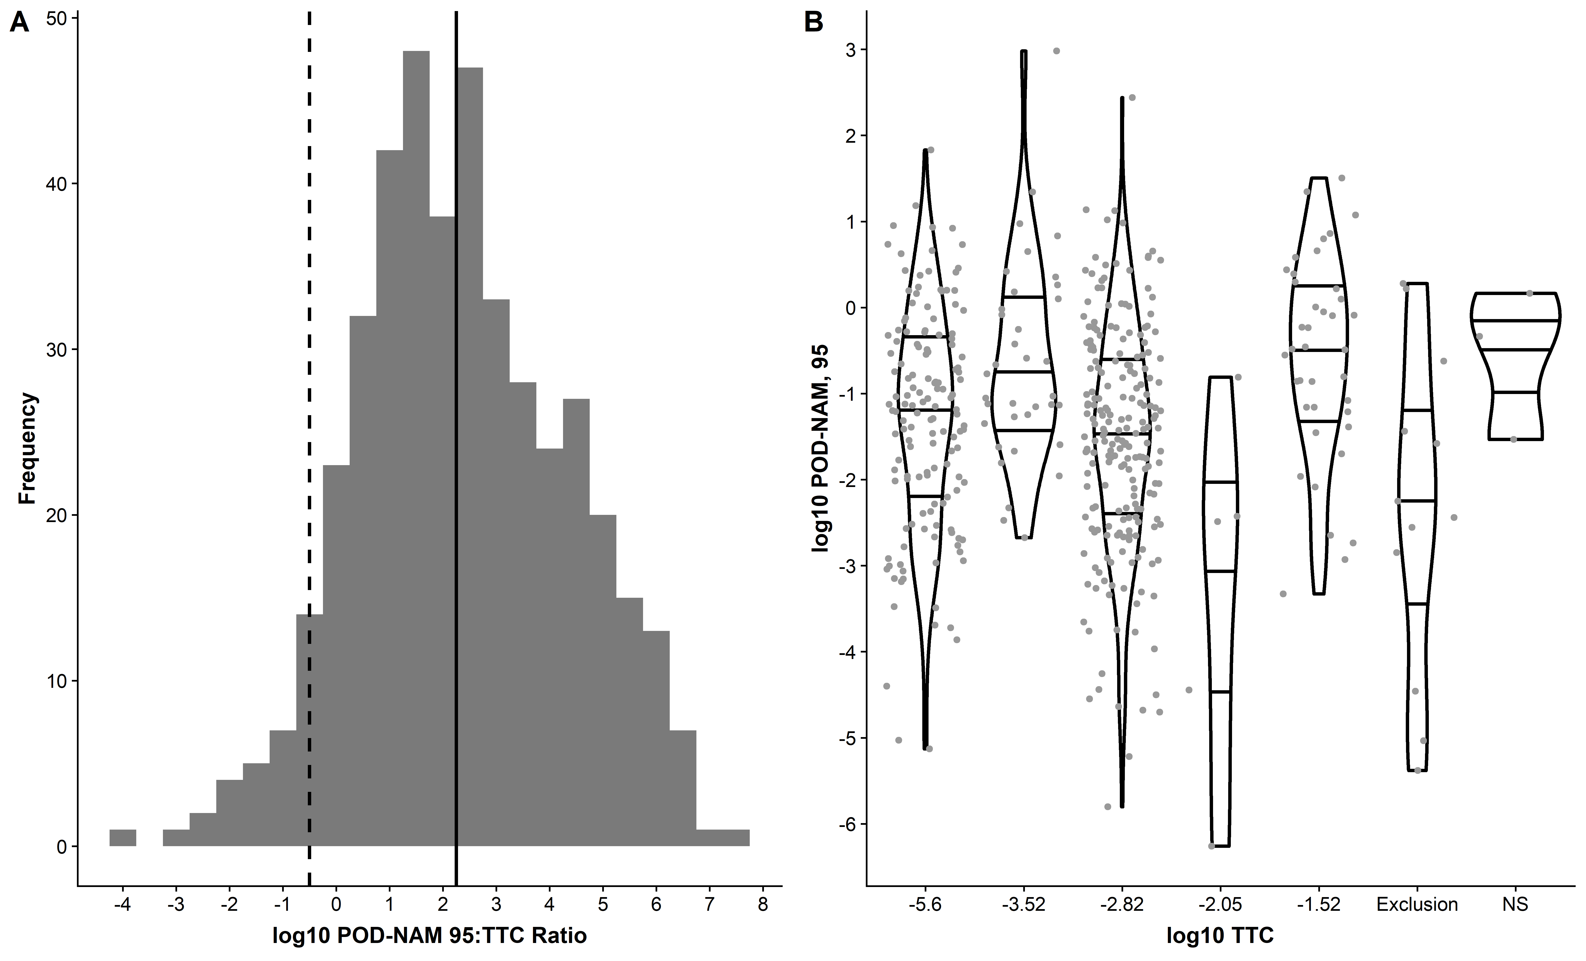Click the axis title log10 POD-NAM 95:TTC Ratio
429,935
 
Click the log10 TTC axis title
1220,935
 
